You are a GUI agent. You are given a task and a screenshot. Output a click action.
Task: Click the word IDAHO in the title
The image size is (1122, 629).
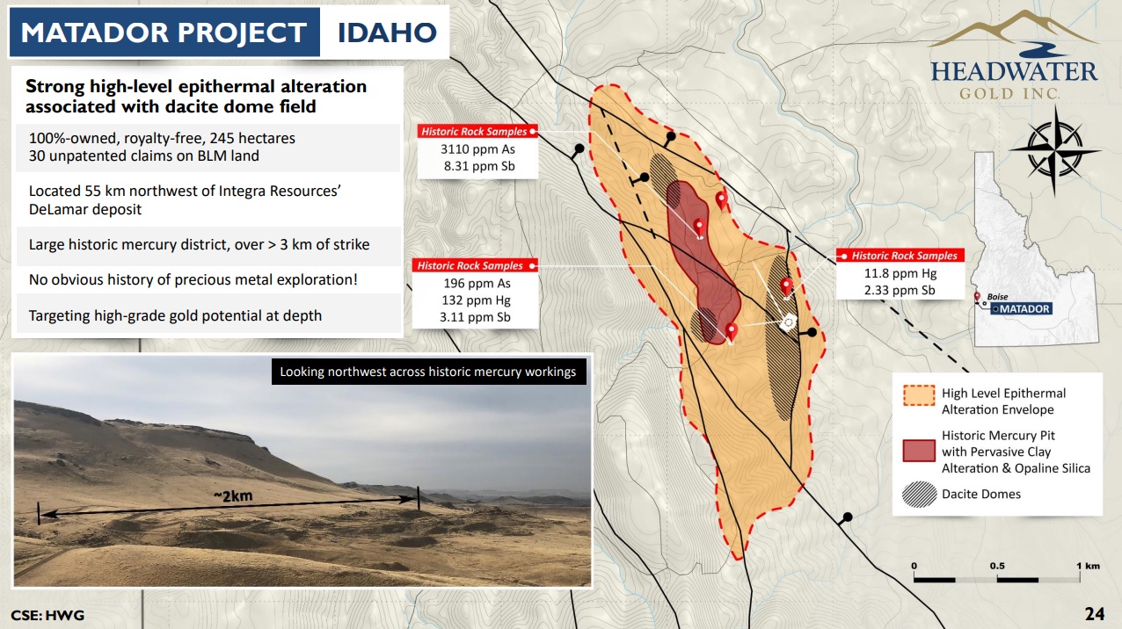[x=387, y=33]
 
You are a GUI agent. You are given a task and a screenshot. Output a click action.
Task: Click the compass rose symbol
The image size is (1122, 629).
[x=1054, y=149]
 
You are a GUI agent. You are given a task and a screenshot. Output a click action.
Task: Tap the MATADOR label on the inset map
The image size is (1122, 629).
[x=1024, y=308]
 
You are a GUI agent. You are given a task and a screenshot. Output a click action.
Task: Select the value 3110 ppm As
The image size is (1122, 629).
[x=477, y=149]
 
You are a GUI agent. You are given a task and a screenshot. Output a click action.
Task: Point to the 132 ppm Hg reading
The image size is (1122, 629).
[x=476, y=300]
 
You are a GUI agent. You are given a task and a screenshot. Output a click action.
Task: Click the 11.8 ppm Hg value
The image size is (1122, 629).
[x=900, y=273]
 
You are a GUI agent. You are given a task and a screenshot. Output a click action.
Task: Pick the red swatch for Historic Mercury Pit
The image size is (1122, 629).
[x=919, y=451]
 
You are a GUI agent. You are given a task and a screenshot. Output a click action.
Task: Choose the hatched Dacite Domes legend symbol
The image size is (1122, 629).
[x=919, y=495]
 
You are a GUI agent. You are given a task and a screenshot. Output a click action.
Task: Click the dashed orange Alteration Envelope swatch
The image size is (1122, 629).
[x=919, y=395]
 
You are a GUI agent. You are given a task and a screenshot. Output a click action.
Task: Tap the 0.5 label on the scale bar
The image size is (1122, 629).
[x=997, y=566]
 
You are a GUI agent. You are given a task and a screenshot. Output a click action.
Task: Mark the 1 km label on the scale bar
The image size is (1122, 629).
[x=1088, y=566]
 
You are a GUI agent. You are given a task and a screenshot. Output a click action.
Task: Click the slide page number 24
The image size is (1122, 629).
[x=1095, y=614]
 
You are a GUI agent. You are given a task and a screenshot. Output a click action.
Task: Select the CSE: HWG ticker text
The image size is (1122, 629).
[x=47, y=615]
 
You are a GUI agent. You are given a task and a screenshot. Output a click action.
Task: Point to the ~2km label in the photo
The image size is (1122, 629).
[x=233, y=495]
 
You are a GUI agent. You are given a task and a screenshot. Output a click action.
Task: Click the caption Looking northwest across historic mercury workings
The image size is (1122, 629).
[x=427, y=372]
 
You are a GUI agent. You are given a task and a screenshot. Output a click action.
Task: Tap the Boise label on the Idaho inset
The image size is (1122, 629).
[x=997, y=297]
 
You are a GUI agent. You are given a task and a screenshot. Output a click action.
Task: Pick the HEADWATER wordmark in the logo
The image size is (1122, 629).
[x=1014, y=71]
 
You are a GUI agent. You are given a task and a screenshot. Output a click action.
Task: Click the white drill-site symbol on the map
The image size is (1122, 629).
[x=789, y=322]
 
